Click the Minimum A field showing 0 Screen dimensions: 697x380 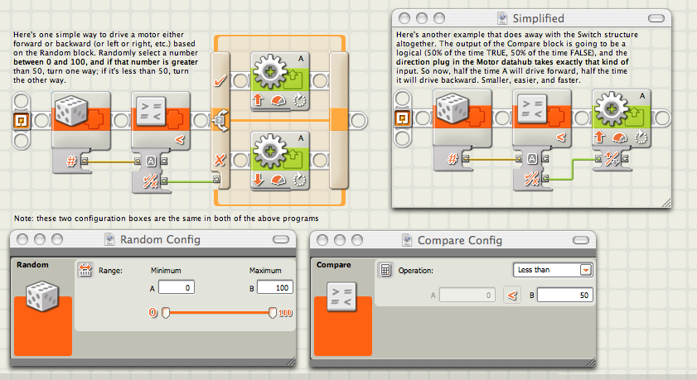177,287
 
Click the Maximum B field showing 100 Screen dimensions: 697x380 275,287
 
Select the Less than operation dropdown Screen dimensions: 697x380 553,270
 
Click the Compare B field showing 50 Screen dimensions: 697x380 565,296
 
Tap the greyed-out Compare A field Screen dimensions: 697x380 467,296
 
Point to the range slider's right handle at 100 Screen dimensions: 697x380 273,313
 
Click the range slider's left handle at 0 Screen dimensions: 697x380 166,313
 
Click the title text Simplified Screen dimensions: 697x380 539,18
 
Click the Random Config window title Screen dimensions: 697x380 160,240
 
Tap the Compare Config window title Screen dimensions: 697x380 460,240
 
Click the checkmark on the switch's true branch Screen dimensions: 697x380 220,81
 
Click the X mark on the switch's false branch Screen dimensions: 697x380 220,160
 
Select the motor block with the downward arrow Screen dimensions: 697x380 280,161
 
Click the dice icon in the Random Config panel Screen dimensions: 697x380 42,296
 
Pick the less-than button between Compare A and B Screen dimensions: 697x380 512,296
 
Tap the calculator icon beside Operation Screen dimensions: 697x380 385,270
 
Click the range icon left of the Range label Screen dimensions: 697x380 85,270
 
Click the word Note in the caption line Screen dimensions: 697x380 22,219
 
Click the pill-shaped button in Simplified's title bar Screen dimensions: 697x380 656,18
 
